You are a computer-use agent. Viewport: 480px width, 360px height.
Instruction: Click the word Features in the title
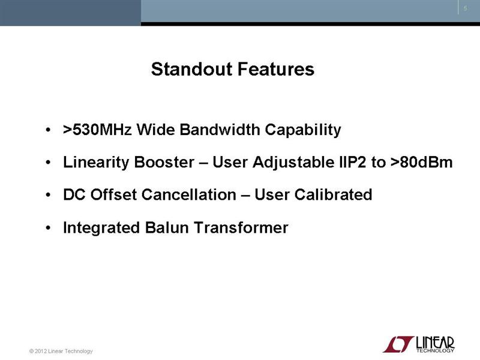tap(276, 69)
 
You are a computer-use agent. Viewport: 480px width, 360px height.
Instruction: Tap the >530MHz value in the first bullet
tap(97, 130)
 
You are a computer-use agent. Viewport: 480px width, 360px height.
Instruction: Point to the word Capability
tap(303, 130)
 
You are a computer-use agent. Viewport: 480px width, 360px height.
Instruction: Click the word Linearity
tap(96, 163)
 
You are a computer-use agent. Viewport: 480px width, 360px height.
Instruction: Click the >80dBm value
tap(421, 162)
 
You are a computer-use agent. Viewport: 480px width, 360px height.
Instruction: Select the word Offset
tap(113, 194)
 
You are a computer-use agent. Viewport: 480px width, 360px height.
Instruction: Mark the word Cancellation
tap(189, 194)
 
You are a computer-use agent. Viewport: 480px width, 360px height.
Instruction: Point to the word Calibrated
tap(333, 194)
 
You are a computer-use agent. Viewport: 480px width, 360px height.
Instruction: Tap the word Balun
tap(167, 228)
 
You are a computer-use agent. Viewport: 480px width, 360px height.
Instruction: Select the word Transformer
tap(241, 228)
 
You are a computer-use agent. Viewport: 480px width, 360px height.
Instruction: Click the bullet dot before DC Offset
tap(48, 195)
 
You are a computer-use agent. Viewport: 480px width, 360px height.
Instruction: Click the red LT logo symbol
tap(398, 344)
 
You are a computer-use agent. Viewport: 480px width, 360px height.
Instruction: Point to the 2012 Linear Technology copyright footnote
tap(61, 351)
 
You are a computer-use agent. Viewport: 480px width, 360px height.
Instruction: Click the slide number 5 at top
tap(466, 8)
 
